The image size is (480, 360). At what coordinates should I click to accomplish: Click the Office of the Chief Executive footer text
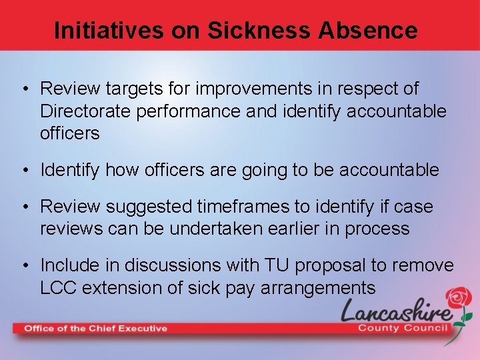point(95,328)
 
